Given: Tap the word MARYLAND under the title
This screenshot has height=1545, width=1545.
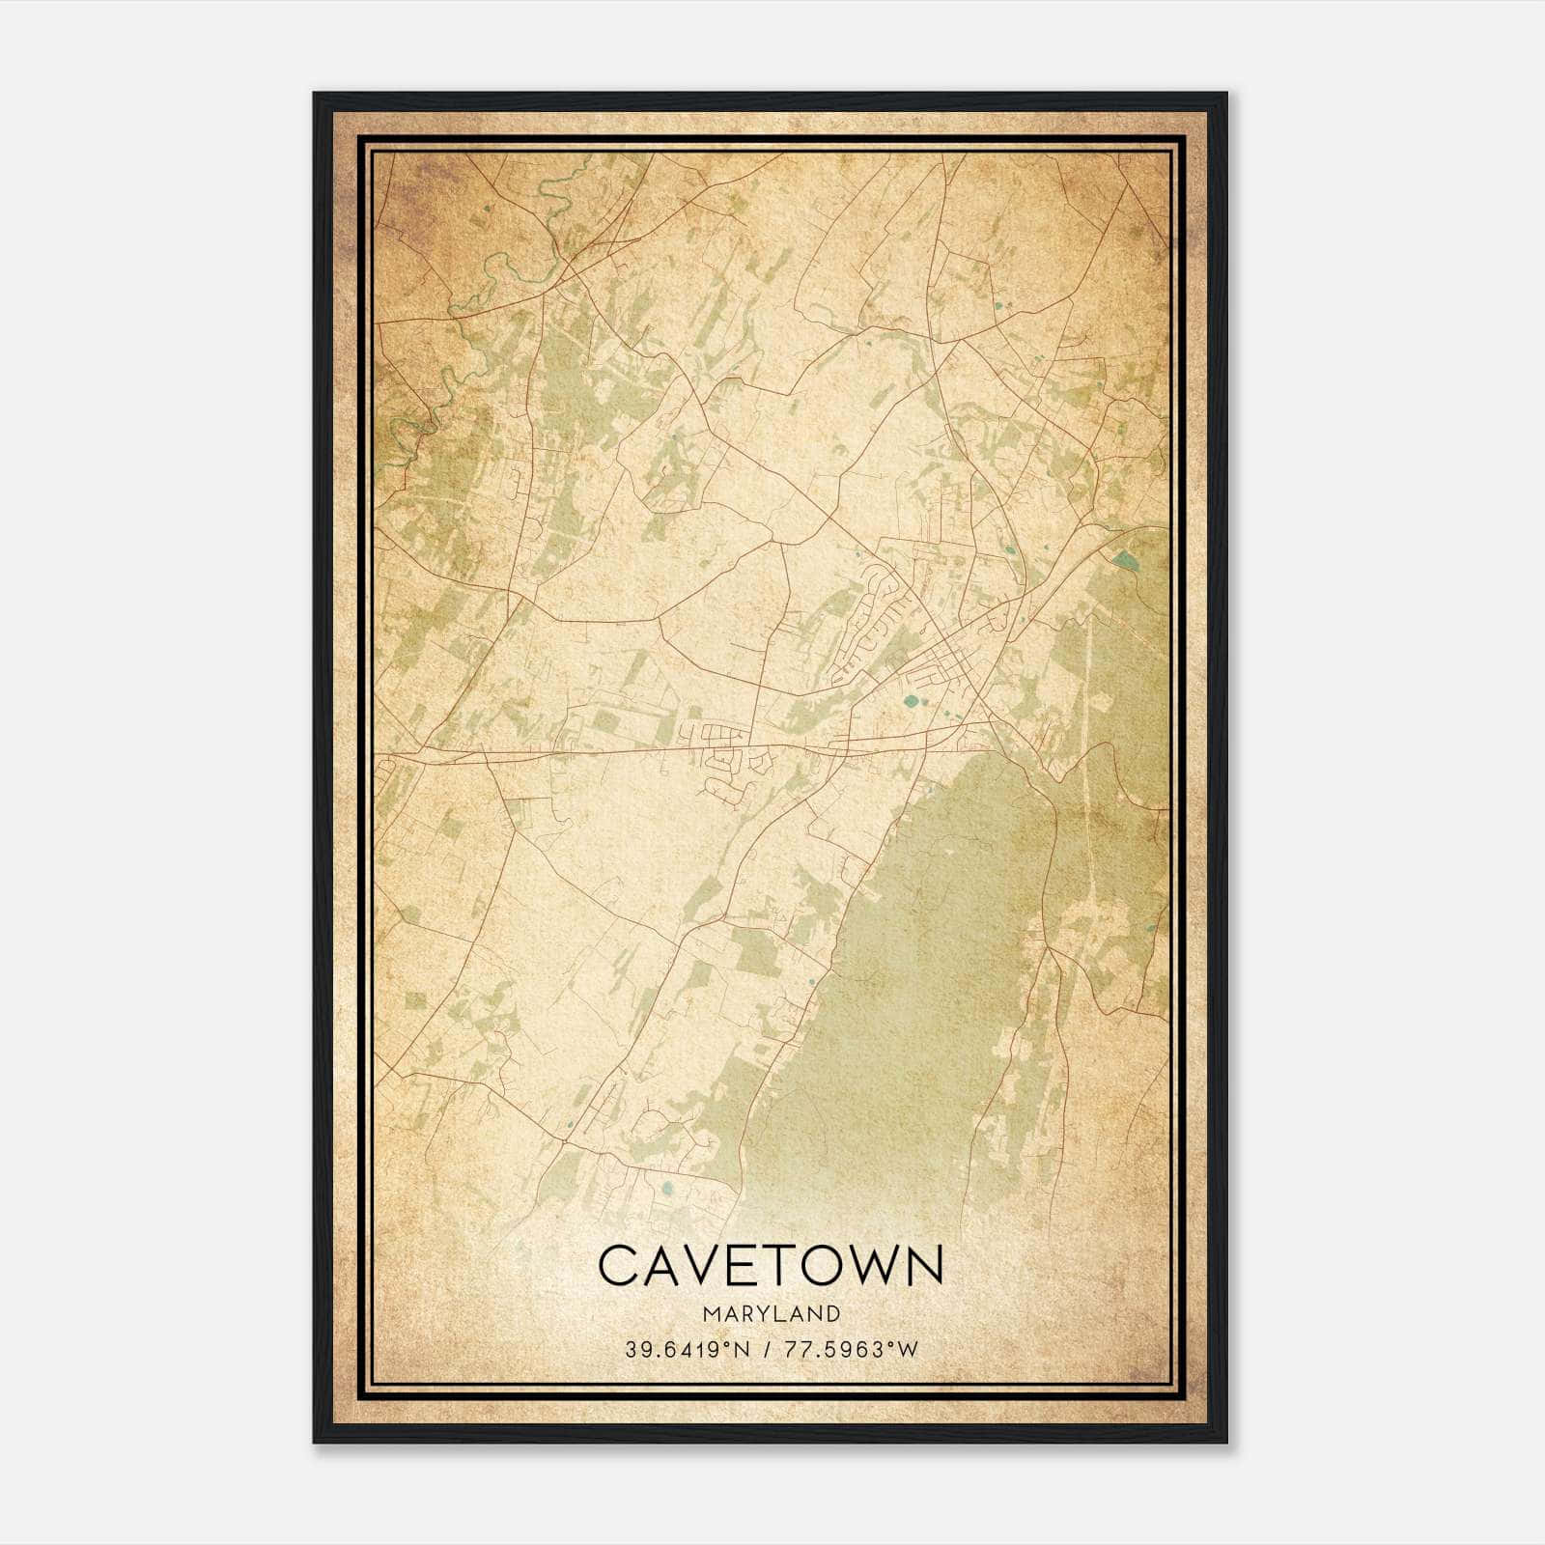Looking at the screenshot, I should (x=770, y=1314).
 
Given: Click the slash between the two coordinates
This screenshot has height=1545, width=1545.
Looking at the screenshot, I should (x=765, y=1350).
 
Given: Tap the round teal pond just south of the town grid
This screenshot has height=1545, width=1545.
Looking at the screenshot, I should (x=910, y=702).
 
